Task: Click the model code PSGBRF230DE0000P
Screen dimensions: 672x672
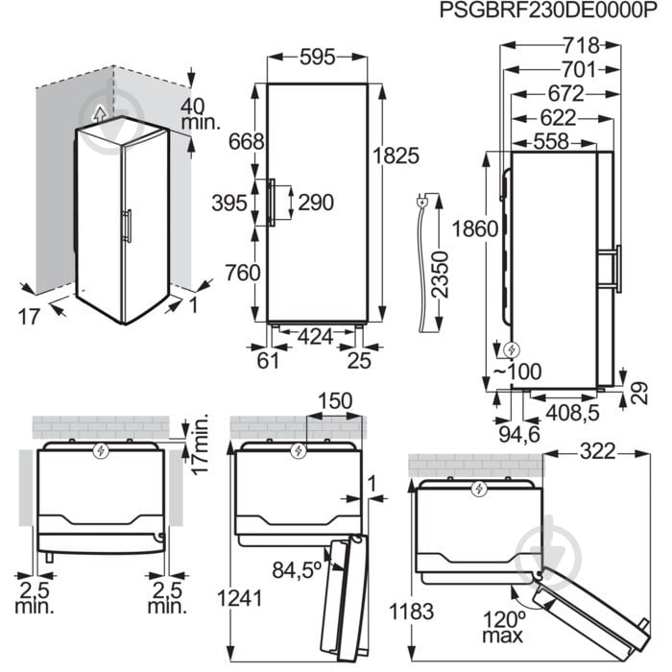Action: pyautogui.click(x=548, y=11)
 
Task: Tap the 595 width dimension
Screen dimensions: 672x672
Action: pyautogui.click(x=317, y=57)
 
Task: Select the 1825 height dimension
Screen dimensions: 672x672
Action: pyautogui.click(x=396, y=156)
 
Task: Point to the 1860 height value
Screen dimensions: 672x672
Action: pyautogui.click(x=475, y=228)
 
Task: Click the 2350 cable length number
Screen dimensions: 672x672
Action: pyautogui.click(x=440, y=275)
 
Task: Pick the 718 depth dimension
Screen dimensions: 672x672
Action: pyautogui.click(x=581, y=45)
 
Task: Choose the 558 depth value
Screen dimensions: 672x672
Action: pyautogui.click(x=551, y=141)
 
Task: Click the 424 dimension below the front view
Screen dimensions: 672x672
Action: pyautogui.click(x=315, y=337)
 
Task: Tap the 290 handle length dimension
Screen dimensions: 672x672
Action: pyautogui.click(x=316, y=203)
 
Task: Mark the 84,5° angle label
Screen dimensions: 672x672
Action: pyautogui.click(x=297, y=569)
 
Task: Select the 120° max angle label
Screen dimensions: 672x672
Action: pyautogui.click(x=503, y=627)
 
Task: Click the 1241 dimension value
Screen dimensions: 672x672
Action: pyautogui.click(x=240, y=598)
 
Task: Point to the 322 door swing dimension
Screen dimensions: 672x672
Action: pyautogui.click(x=597, y=452)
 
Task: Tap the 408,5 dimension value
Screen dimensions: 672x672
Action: pyautogui.click(x=572, y=413)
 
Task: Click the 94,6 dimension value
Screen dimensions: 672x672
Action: pyautogui.click(x=519, y=435)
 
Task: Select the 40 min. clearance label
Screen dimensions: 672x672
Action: pyautogui.click(x=200, y=114)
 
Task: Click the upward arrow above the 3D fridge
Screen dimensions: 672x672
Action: pyautogui.click(x=100, y=114)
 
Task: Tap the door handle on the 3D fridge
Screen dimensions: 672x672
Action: pyautogui.click(x=128, y=227)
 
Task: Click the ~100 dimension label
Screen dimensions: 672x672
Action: pyautogui.click(x=516, y=372)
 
